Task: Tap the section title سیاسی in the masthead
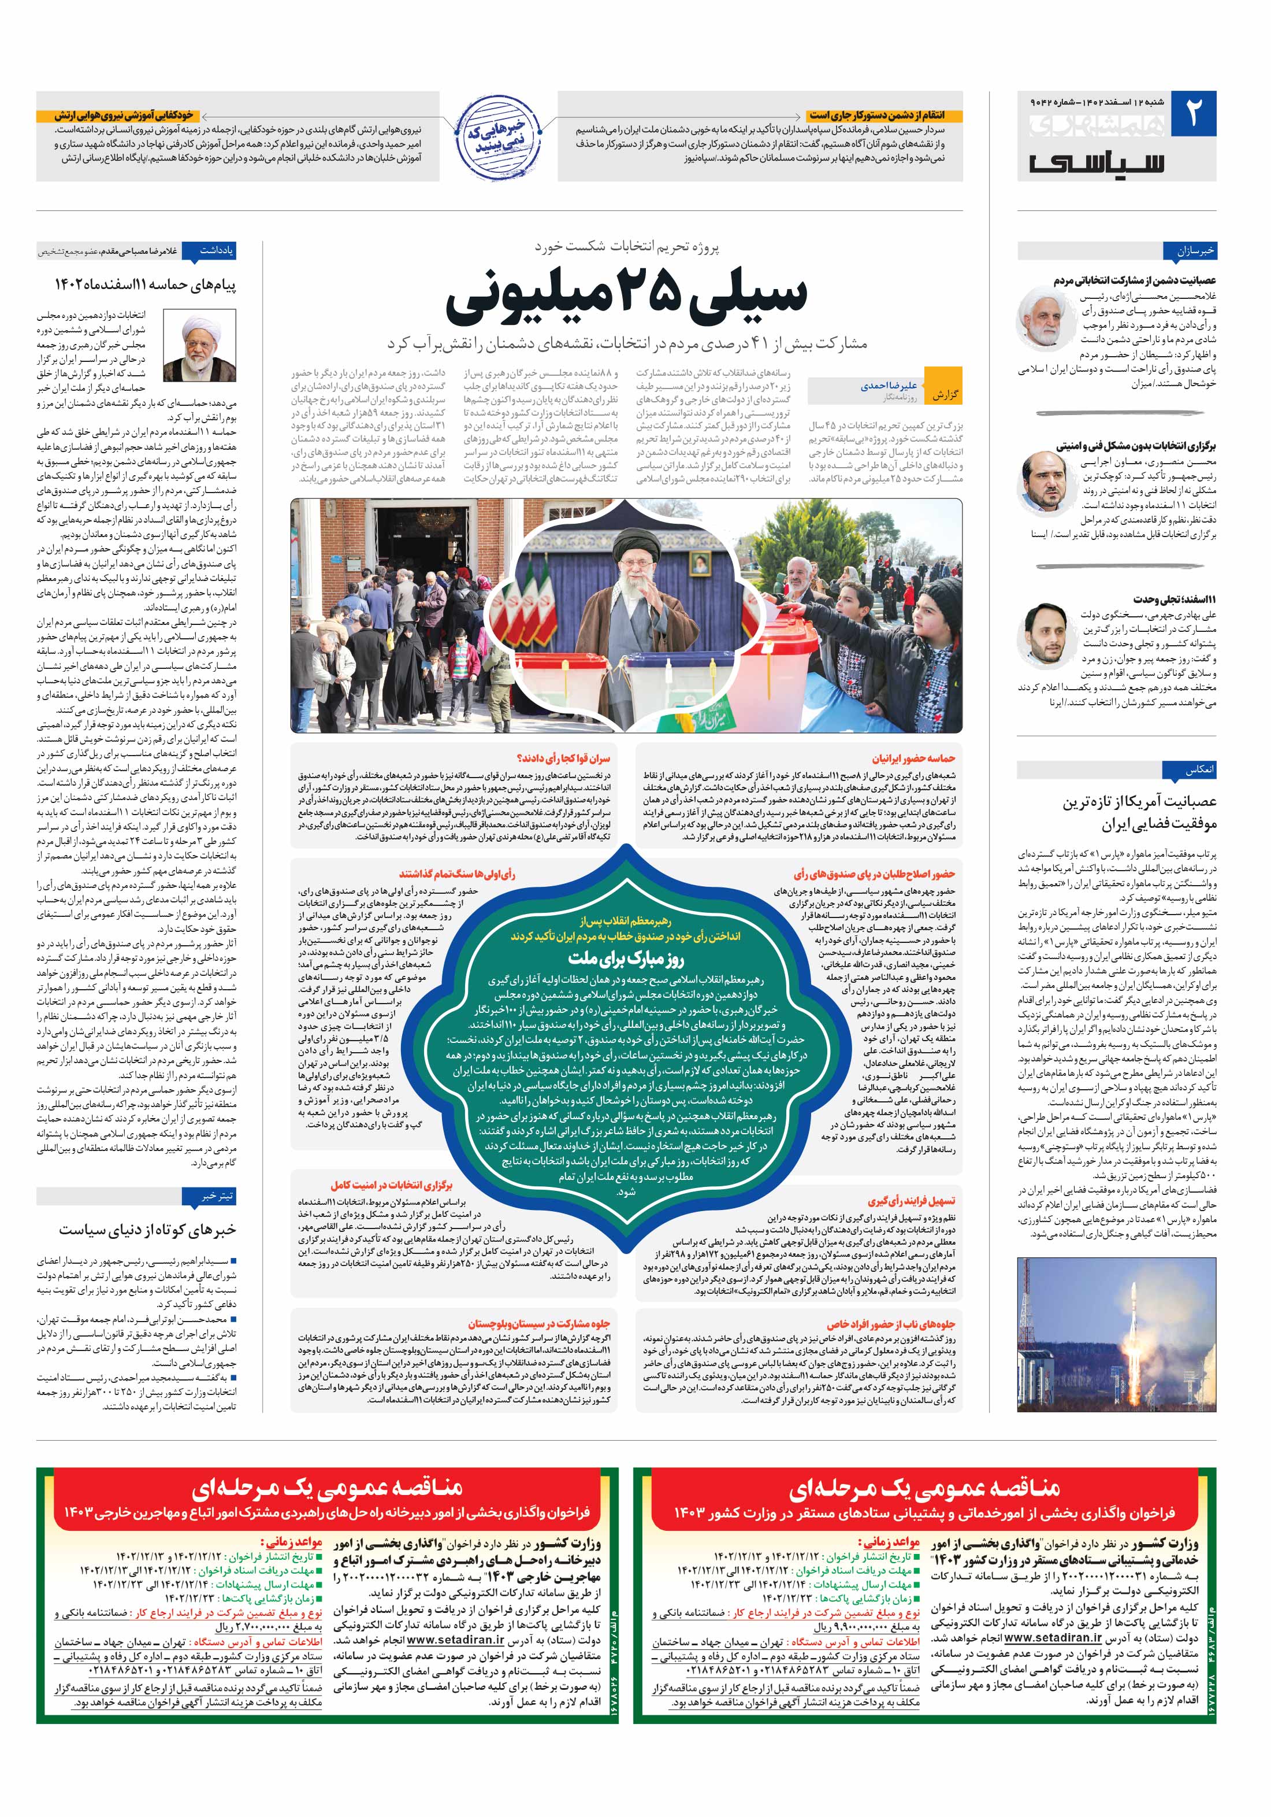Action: (1097, 161)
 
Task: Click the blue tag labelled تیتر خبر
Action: (217, 1196)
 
